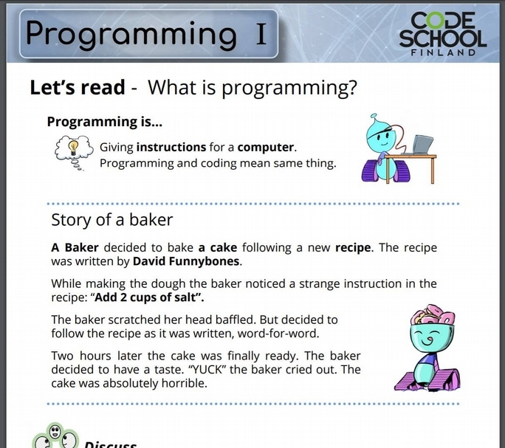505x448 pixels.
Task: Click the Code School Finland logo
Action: (x=443, y=34)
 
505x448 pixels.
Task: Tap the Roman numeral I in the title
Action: (x=261, y=33)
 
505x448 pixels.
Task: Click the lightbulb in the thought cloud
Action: (x=73, y=147)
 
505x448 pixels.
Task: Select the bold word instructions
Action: (x=171, y=147)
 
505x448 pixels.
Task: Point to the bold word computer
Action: (x=265, y=147)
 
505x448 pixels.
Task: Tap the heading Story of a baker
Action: (x=111, y=220)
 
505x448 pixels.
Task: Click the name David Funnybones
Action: (x=186, y=261)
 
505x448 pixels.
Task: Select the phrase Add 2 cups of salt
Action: (x=145, y=297)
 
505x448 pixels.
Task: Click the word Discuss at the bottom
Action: (x=110, y=444)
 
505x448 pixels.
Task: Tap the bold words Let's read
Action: (x=78, y=87)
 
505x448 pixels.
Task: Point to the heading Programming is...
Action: (x=104, y=122)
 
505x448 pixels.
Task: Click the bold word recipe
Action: (x=353, y=248)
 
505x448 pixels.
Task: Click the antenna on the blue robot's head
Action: (x=374, y=117)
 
